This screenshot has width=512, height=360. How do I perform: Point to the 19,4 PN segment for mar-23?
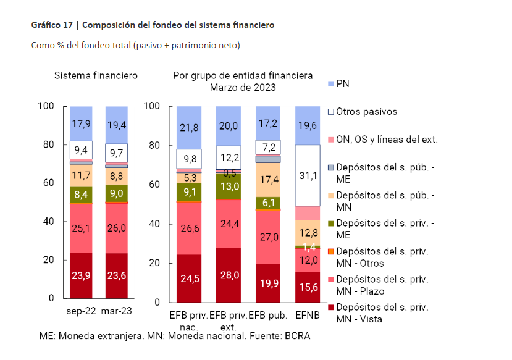(x=117, y=124)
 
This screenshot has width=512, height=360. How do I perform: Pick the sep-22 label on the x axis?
(x=81, y=312)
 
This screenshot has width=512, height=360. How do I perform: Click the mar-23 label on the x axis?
(x=117, y=312)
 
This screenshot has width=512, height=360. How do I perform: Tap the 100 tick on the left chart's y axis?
(x=48, y=106)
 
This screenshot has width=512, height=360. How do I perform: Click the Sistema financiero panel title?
(x=96, y=76)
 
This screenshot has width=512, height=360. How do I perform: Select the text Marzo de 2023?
(x=243, y=88)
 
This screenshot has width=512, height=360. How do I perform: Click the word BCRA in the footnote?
(x=297, y=336)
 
